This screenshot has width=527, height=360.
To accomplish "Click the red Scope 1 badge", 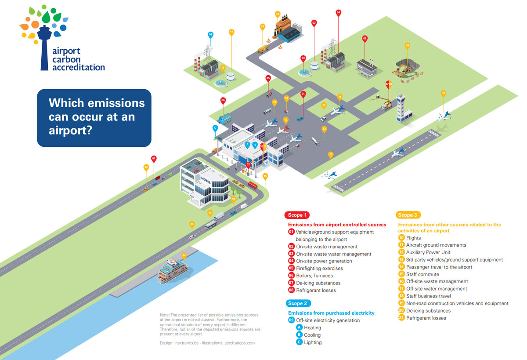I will (297, 215).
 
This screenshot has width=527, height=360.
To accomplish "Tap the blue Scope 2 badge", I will (299, 303).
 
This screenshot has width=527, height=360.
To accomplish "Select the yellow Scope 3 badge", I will (408, 215).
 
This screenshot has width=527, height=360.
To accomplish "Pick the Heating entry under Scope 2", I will (312, 327).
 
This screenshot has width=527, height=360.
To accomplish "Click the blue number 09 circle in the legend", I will (291, 320).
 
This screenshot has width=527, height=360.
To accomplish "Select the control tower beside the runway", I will (401, 108).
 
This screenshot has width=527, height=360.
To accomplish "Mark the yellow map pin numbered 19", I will (407, 45).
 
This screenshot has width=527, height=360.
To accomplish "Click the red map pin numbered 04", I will (338, 13).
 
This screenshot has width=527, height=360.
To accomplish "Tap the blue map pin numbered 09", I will (211, 35).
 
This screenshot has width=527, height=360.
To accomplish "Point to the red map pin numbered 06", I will (223, 101).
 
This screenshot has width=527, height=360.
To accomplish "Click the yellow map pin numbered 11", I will (339, 97).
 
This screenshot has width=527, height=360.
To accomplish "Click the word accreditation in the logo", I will (79, 67).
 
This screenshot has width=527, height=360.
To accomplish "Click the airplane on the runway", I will (398, 153).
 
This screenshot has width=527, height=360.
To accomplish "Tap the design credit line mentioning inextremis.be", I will (207, 342).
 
